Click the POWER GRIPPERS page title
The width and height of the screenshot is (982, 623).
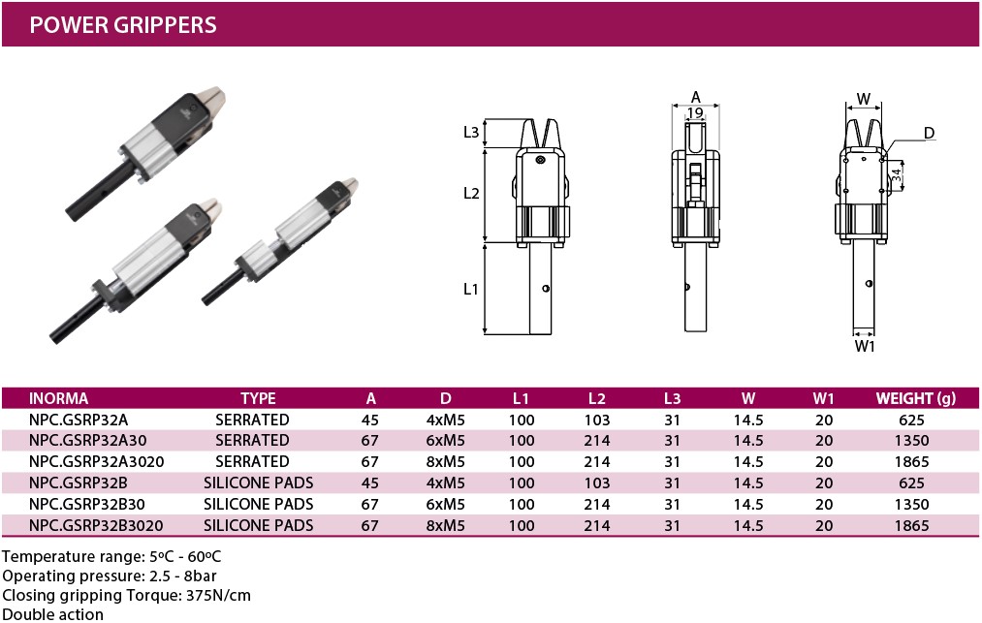coord(123,24)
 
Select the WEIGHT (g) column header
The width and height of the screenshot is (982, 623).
coord(916,399)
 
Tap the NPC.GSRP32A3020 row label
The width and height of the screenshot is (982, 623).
coord(96,462)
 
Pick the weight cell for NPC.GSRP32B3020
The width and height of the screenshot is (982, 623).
coord(911,526)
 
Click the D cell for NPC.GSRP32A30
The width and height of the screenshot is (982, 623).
coord(445,441)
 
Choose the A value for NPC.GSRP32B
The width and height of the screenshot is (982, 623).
coord(369,483)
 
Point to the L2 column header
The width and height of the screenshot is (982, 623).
coord(597,399)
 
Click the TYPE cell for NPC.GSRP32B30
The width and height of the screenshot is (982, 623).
coord(258,505)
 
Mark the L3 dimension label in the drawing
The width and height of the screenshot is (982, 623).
coord(471,132)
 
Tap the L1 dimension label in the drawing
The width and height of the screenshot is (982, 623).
coord(471,289)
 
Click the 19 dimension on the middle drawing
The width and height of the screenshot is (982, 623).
coord(695,113)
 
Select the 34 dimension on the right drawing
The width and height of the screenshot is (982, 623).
coord(897,174)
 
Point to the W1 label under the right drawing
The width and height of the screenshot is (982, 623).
coord(865,346)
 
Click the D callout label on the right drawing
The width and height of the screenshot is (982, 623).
coord(929,133)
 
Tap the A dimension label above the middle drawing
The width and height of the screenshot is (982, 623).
coord(696,97)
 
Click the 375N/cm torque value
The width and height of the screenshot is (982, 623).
coord(218,596)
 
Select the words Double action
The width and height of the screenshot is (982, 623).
coord(53,615)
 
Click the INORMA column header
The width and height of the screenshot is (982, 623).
coord(58,399)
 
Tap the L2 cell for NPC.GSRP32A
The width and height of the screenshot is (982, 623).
coord(597,421)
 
